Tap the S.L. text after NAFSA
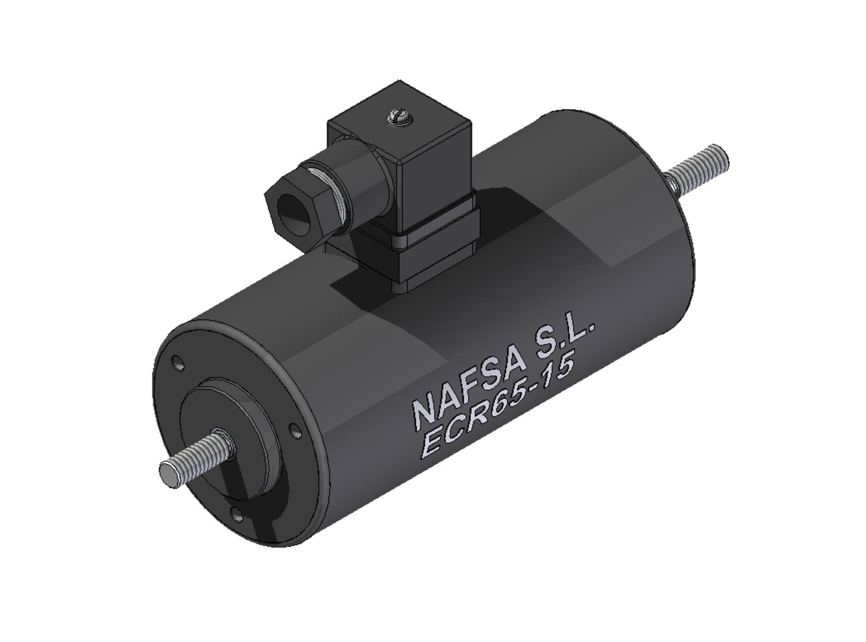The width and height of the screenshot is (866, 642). [x=566, y=341]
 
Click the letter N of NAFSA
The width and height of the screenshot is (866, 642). [x=424, y=411]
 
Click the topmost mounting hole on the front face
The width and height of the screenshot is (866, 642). [x=179, y=363]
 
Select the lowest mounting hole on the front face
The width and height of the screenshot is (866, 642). [x=235, y=512]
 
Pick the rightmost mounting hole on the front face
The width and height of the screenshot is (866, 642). [x=294, y=430]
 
